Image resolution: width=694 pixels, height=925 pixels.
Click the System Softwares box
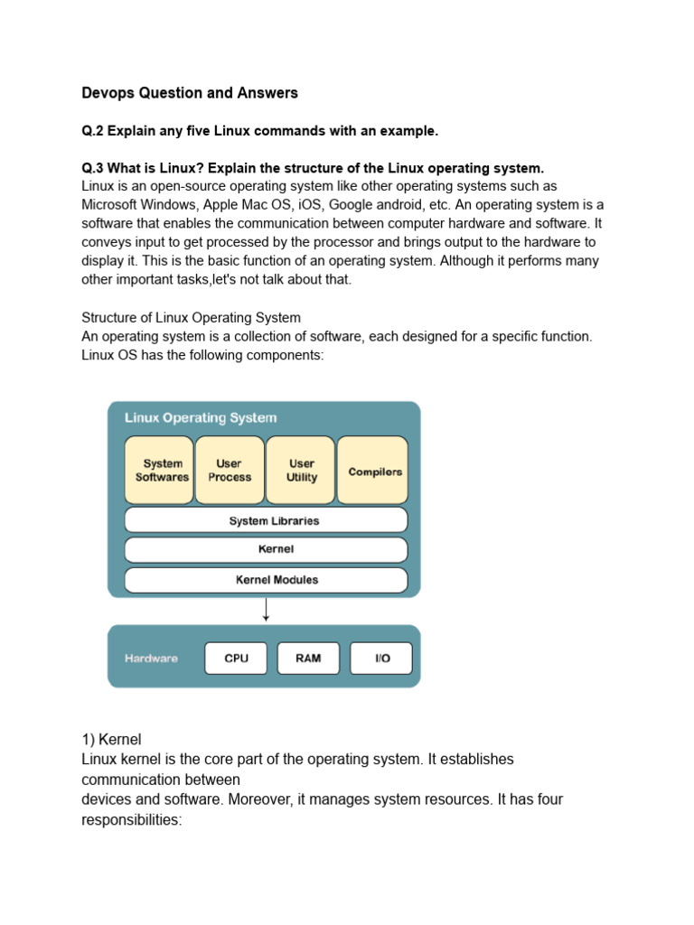coord(159,470)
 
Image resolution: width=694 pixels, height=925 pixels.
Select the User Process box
coord(230,470)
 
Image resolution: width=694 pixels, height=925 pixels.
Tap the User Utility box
coord(301,470)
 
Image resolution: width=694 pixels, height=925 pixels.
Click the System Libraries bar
coord(266,520)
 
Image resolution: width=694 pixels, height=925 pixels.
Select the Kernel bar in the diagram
coord(266,549)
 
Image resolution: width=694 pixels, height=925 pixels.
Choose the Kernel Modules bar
coord(266,579)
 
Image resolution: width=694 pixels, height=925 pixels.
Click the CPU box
coord(236,659)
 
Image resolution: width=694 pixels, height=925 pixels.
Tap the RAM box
coord(308,659)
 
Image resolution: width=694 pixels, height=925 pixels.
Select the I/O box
coord(381,659)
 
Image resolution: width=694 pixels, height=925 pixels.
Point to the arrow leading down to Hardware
coord(266,610)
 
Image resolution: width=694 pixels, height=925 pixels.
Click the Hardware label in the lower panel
coord(151,659)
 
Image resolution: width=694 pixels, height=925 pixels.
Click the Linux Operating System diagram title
coord(201,418)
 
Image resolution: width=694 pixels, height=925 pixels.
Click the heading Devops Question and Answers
coord(190,93)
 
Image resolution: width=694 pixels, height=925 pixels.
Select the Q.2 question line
coord(260,131)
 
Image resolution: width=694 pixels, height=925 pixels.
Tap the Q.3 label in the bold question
coord(93,169)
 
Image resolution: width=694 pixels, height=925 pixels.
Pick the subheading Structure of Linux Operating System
coord(192,318)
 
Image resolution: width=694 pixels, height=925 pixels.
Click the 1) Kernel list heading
coord(112,739)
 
